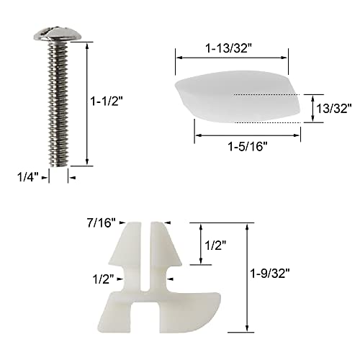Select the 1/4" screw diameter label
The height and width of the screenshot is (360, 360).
pyautogui.click(x=25, y=174)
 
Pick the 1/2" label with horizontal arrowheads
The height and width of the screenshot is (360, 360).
pyautogui.click(x=102, y=276)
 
